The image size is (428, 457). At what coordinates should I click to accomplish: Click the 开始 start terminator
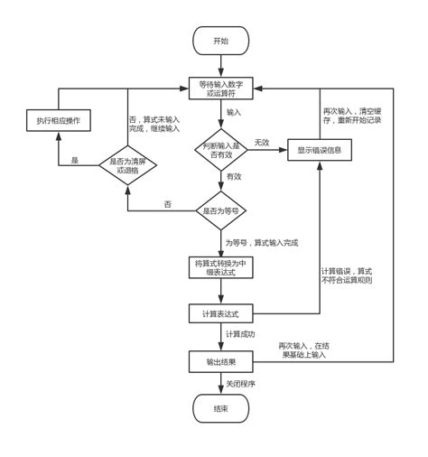220,41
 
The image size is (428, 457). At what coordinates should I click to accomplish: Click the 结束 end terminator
220,408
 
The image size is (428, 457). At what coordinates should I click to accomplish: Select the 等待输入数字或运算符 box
220,89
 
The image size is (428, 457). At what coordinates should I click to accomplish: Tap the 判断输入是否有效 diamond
220,149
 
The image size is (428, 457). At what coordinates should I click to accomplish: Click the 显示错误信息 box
320,150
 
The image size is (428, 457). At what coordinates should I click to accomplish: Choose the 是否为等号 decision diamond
220,210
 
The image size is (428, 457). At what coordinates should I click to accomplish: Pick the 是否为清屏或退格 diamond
127,165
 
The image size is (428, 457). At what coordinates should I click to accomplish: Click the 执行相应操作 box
58,120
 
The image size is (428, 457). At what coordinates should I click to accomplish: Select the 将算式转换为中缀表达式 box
220,267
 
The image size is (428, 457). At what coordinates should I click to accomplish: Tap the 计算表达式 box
220,313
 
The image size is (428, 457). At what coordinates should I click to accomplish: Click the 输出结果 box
220,361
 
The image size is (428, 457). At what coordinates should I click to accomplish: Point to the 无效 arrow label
262,142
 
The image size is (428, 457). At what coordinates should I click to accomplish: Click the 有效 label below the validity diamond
234,177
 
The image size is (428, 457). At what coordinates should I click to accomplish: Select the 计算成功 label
240,334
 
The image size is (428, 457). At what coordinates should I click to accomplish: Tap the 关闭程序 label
240,383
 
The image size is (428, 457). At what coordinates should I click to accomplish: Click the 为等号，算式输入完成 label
261,242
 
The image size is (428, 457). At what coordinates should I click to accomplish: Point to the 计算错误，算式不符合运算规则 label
347,275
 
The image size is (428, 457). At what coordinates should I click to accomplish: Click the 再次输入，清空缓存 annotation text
352,115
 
